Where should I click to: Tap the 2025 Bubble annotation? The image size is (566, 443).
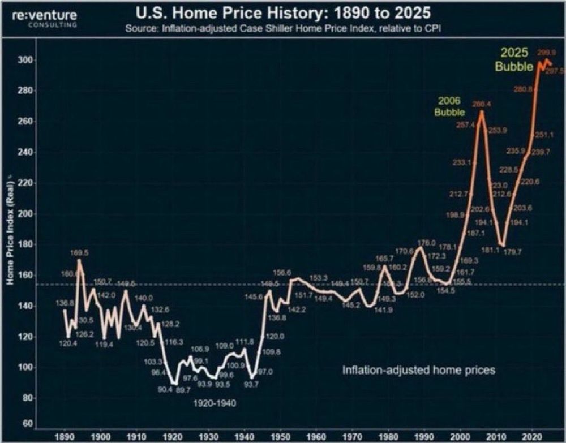pyautogui.click(x=514, y=59)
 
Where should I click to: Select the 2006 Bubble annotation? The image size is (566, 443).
pyautogui.click(x=449, y=106)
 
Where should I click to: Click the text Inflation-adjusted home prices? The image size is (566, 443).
pyautogui.click(x=419, y=370)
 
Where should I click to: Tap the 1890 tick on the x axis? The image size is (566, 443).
pyautogui.click(x=65, y=437)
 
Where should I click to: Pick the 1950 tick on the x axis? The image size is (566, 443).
pyautogui.click(x=278, y=437)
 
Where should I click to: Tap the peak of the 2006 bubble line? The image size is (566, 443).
pyautogui.click(x=482, y=111)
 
